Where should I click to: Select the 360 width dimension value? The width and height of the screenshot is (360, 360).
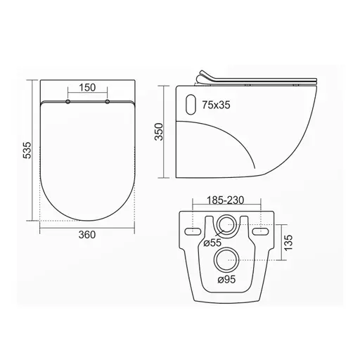[87, 234]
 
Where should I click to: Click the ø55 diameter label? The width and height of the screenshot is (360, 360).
[212, 243]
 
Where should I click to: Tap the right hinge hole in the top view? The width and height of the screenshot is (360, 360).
[108, 103]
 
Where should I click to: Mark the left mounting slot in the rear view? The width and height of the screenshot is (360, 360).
[191, 230]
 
